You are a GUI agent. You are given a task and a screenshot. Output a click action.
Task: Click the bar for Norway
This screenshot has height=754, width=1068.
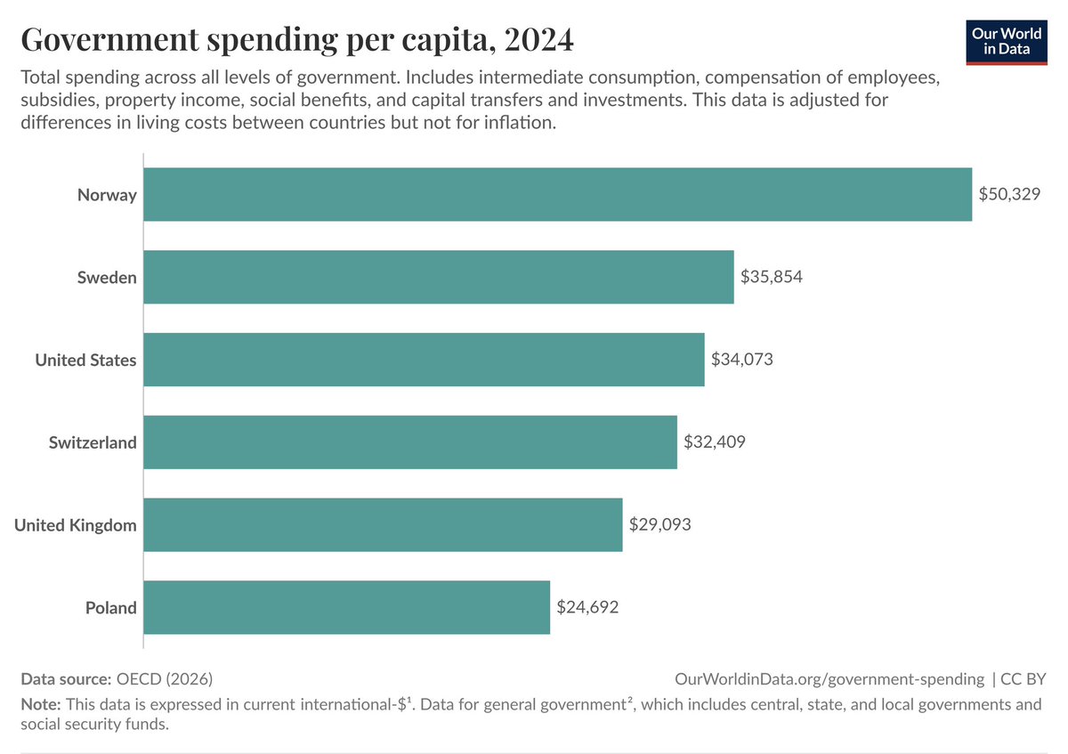557,194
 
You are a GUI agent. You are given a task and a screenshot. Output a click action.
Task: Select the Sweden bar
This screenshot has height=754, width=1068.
438,277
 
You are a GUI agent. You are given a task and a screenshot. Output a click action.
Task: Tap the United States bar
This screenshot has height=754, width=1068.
424,360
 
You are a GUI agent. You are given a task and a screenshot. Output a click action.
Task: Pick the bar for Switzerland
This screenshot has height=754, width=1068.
409,442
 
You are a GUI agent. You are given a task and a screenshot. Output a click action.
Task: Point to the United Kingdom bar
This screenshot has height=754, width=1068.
383,525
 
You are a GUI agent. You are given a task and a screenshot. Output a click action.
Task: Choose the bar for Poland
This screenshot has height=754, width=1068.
346,608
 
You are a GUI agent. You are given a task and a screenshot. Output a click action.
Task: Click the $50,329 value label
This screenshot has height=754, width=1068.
1009,194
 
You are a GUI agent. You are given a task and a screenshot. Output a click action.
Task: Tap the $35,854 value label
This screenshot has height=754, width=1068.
772,277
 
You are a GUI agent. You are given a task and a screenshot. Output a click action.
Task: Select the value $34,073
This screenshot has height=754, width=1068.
742,360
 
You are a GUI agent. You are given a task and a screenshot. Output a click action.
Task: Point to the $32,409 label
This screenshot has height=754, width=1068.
715,442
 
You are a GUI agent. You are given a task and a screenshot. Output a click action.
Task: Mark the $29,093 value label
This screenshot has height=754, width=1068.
659,525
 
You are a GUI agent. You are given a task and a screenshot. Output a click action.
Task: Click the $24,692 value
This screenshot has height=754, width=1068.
587,608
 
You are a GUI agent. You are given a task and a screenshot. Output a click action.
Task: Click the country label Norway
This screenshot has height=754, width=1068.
107,194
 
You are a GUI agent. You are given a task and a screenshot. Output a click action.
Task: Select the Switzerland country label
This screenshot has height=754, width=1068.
93,442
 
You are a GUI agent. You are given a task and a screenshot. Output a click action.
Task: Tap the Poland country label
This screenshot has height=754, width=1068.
111,608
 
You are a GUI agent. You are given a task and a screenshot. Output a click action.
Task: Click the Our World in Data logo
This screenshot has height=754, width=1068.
1007,40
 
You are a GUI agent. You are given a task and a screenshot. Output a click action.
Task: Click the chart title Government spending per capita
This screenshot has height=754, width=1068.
297,40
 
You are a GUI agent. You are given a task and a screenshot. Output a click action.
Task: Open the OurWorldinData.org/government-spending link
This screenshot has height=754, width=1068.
829,679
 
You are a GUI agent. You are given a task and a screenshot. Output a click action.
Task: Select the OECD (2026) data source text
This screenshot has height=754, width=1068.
164,679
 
